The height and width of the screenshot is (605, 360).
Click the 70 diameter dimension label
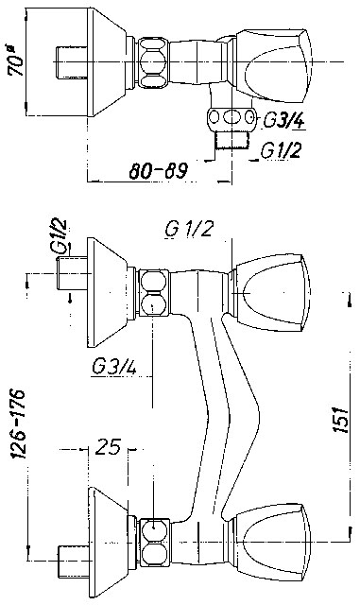coord(16,60)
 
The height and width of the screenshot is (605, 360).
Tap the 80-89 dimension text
coord(158,171)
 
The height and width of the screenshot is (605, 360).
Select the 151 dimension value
coord(341,420)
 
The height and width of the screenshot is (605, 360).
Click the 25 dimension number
coord(109,447)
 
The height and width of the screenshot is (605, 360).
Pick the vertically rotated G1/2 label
coord(59,236)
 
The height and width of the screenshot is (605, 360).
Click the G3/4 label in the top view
coord(283,120)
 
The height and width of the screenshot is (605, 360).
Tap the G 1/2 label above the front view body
coord(189,230)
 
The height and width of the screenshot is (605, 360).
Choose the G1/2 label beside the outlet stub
coord(281,151)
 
